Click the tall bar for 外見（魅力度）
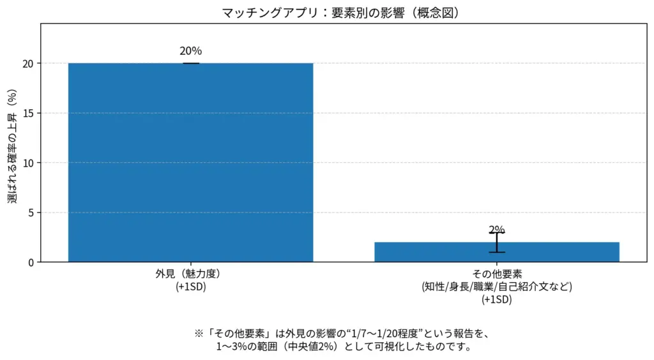point(190,162)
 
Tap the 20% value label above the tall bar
point(190,51)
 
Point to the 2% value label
point(497,230)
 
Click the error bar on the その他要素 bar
point(497,242)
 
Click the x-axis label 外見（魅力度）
point(190,274)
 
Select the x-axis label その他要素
point(497,274)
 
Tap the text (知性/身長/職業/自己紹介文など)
point(497,287)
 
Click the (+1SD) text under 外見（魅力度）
point(190,287)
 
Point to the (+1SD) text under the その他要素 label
point(497,299)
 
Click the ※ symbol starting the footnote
point(198,334)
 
